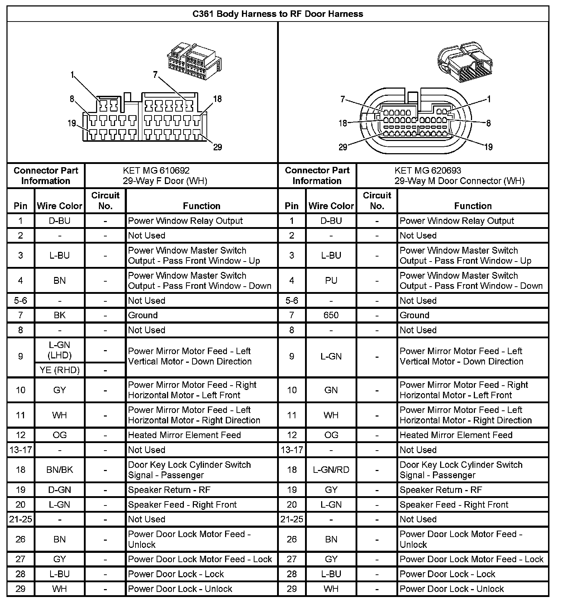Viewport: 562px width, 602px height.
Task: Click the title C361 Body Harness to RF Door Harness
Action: point(278,14)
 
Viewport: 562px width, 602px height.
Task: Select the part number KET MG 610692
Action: point(156,170)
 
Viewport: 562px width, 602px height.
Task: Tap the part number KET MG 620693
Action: point(428,170)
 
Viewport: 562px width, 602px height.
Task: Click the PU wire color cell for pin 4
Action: point(331,281)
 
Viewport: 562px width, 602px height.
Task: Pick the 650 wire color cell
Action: point(331,315)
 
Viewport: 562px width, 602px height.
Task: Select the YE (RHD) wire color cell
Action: point(59,370)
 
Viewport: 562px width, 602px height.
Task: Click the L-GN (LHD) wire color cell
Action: point(59,350)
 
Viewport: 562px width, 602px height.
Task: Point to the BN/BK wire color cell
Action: point(59,470)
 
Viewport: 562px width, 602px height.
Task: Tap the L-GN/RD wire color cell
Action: point(331,470)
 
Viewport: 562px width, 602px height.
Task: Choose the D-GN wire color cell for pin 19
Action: point(59,490)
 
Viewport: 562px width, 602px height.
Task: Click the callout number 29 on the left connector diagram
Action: point(218,147)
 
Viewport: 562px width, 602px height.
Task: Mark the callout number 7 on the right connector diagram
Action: point(343,99)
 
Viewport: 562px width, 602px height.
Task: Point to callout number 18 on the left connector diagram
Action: point(218,99)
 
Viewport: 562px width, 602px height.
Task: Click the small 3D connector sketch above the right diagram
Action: point(465,62)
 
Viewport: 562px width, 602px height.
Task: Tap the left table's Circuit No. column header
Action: point(105,201)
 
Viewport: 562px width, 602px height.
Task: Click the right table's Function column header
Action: point(473,206)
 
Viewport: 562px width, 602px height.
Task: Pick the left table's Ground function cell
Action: point(143,315)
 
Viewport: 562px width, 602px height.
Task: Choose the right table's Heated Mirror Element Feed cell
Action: point(456,435)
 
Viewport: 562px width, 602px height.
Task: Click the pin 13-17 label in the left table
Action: point(21,450)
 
